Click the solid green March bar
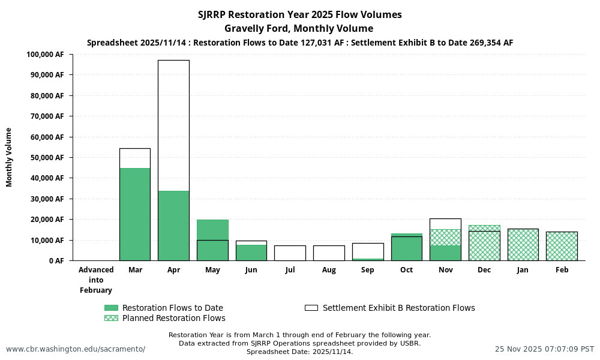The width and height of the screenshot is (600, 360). pyautogui.click(x=135, y=214)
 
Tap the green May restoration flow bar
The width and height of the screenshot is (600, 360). pyautogui.click(x=212, y=230)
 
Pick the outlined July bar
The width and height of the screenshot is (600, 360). pyautogui.click(x=290, y=253)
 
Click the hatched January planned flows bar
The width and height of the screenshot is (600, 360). pyautogui.click(x=523, y=245)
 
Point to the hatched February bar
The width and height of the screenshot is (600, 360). pyautogui.click(x=562, y=246)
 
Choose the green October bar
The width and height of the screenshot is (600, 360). pyautogui.click(x=406, y=247)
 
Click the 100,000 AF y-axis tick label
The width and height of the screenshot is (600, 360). pyautogui.click(x=46, y=55)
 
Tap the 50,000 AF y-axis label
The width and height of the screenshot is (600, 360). pyautogui.click(x=47, y=158)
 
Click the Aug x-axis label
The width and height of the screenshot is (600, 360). pyautogui.click(x=329, y=270)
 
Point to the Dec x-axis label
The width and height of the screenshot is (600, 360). pyautogui.click(x=484, y=270)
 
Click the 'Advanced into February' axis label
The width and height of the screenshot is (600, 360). pyautogui.click(x=96, y=280)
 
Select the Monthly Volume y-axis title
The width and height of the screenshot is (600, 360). pyautogui.click(x=9, y=157)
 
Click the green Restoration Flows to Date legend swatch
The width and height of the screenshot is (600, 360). pyautogui.click(x=111, y=308)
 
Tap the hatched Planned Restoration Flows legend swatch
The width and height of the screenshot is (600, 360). pyautogui.click(x=111, y=318)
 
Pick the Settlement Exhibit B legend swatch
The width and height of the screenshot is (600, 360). pyautogui.click(x=311, y=308)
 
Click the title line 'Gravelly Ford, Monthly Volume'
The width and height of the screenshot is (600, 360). pyautogui.click(x=299, y=28)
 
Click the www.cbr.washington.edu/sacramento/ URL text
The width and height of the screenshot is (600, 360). pyautogui.click(x=76, y=349)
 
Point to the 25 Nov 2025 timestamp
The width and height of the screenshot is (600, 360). pyautogui.click(x=544, y=349)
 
